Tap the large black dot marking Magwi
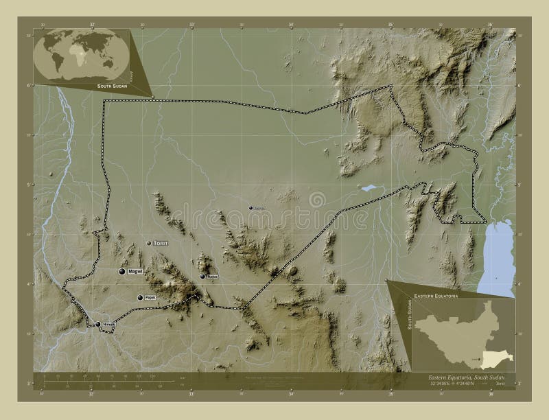(x=122, y=272)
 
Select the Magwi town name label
(x=135, y=272)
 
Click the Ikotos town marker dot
(x=202, y=277)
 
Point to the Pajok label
(x=150, y=298)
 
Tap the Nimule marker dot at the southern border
(x=98, y=324)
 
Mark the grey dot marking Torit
(x=149, y=243)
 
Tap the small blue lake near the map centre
(x=369, y=187)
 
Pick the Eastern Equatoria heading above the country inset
(x=436, y=294)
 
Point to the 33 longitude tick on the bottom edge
(x=191, y=394)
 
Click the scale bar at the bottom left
(x=103, y=381)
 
